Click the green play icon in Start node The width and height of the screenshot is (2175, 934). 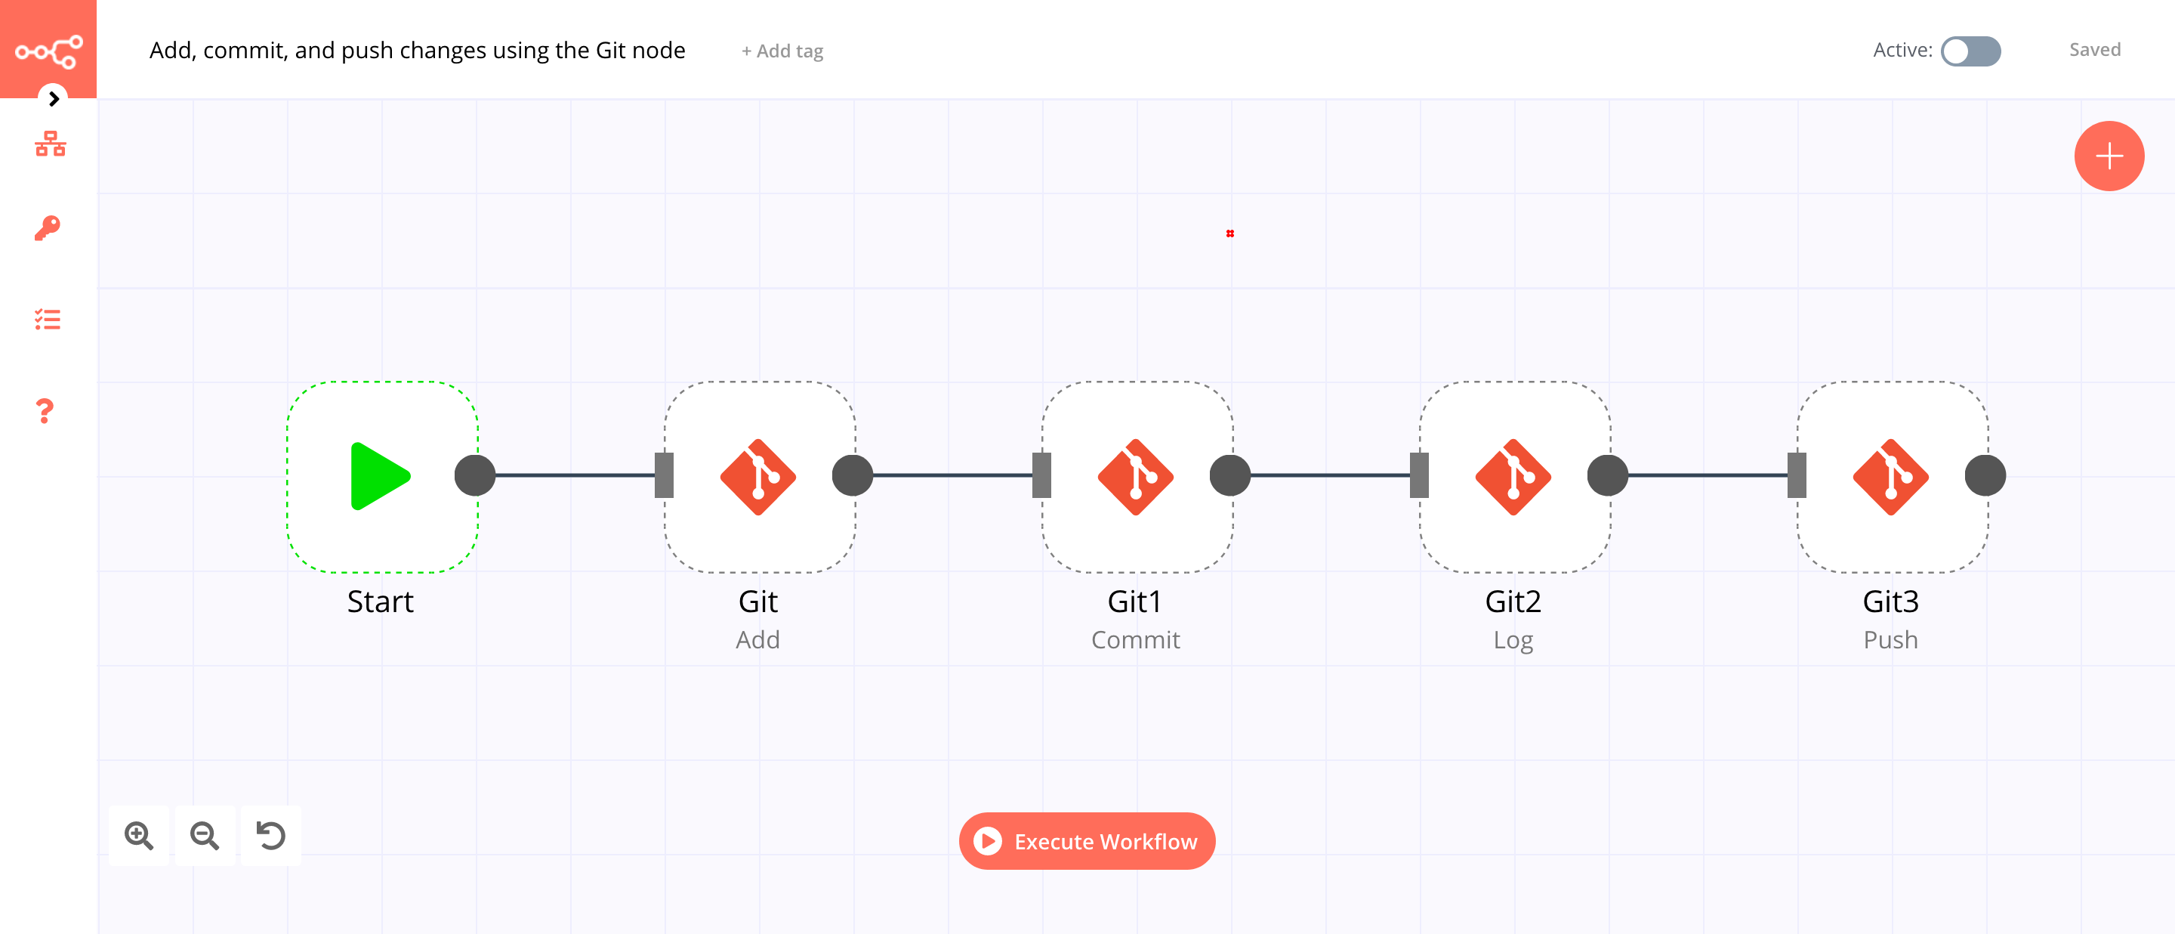click(379, 476)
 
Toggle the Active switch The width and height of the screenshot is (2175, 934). click(1970, 51)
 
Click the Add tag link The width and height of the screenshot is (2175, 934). click(782, 51)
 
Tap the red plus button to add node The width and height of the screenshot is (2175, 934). click(2109, 156)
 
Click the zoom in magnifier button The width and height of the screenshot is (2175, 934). click(138, 835)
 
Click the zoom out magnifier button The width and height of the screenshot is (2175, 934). click(205, 835)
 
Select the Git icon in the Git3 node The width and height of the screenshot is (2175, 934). click(1890, 476)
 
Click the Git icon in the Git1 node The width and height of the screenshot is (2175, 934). click(1135, 476)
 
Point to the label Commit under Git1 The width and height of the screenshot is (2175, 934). click(1135, 639)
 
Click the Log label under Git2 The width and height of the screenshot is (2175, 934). click(1512, 639)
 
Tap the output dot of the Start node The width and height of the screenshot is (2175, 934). click(474, 475)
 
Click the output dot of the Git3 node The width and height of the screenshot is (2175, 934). click(1984, 475)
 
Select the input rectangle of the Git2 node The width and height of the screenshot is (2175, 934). click(1419, 475)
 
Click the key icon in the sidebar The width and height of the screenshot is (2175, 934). click(48, 228)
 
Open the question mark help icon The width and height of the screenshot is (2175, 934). click(45, 411)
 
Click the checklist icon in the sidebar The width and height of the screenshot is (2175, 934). click(48, 319)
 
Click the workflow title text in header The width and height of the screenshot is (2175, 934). click(417, 51)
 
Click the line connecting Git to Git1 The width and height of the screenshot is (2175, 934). click(952, 475)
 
